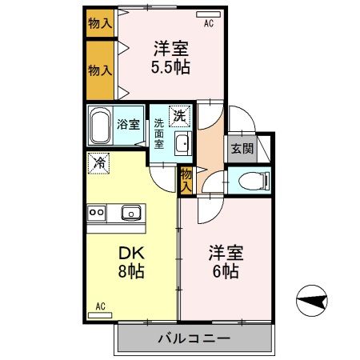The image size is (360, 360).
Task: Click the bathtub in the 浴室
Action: point(101,126)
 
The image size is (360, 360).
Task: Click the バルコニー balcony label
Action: point(194,338)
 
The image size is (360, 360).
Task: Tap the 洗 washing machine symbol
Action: point(180,114)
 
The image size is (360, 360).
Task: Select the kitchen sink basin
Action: point(130,213)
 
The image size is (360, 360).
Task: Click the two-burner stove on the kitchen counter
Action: point(97,213)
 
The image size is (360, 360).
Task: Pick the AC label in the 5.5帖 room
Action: point(209,23)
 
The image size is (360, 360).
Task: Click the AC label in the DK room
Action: point(101,306)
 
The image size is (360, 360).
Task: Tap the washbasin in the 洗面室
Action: point(182,144)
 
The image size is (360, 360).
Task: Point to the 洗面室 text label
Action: point(159,134)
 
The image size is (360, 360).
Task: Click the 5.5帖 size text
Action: point(170,68)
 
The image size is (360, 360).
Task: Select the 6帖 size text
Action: point(226,270)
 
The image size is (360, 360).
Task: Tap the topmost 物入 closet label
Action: point(99,23)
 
